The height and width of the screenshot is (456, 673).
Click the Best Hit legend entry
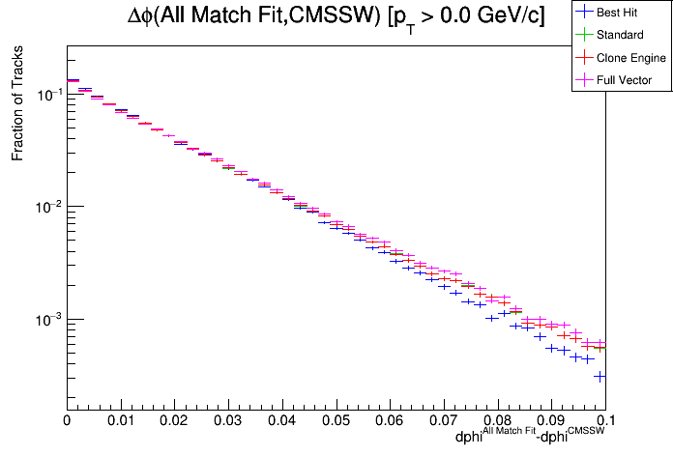[x=623, y=13]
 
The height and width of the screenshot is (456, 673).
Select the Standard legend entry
[x=622, y=35]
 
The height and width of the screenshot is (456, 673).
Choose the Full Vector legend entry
[x=625, y=80]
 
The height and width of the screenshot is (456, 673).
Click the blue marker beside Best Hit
[x=583, y=13]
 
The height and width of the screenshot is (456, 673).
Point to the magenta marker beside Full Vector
[x=583, y=80]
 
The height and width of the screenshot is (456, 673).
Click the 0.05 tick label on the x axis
[x=336, y=421]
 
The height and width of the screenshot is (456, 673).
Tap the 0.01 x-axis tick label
[x=120, y=421]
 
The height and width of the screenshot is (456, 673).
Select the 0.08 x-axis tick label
[x=497, y=421]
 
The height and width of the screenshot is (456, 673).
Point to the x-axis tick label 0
[x=66, y=421]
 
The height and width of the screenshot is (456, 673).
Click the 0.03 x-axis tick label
[x=227, y=421]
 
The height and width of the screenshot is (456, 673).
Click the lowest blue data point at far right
[x=600, y=376]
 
